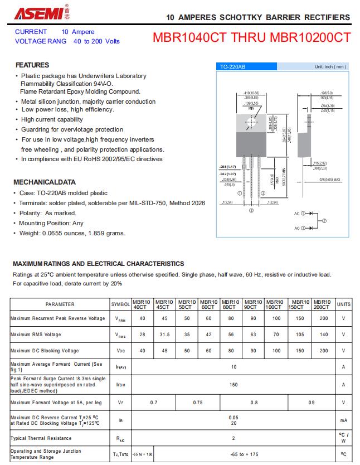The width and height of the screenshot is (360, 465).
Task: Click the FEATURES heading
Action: [32, 65]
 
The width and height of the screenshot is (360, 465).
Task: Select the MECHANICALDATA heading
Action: [44, 182]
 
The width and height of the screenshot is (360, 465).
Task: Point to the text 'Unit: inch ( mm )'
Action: [330, 67]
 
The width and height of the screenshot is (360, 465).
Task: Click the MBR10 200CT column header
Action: [322, 304]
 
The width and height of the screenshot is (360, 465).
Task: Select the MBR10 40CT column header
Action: [142, 304]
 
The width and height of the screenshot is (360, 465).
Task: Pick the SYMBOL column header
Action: [121, 304]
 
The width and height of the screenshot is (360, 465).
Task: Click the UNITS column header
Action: [344, 304]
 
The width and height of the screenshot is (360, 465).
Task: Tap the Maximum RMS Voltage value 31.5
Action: [164, 335]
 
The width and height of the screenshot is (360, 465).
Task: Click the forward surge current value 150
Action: [233, 385]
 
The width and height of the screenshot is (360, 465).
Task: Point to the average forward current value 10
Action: [233, 366]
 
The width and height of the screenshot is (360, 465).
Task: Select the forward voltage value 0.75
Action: [198, 402]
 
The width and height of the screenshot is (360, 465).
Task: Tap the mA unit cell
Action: [344, 420]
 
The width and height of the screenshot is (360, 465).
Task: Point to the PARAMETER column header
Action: [60, 304]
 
